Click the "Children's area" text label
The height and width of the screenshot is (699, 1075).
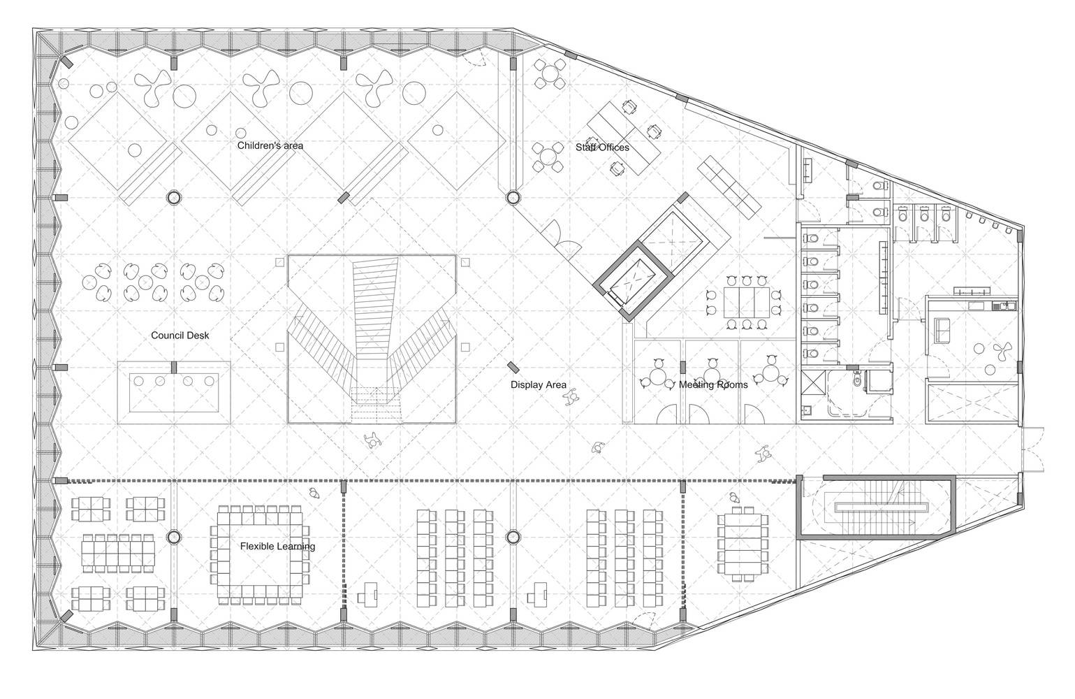pyautogui.click(x=270, y=145)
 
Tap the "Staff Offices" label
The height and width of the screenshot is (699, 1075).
pyautogui.click(x=602, y=147)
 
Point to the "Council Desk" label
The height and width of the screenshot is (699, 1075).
pyautogui.click(x=180, y=336)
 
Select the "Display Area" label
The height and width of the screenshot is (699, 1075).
pyautogui.click(x=538, y=385)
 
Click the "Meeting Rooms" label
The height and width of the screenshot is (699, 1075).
pyautogui.click(x=713, y=385)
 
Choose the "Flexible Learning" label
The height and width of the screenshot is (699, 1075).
pyautogui.click(x=277, y=546)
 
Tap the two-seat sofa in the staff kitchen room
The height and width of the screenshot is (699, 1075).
pyautogui.click(x=941, y=330)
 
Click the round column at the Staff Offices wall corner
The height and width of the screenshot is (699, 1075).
pyautogui.click(x=513, y=197)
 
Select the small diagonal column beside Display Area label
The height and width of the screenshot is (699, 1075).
pyautogui.click(x=513, y=368)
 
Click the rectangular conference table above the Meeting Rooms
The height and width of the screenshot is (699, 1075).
pyautogui.click(x=746, y=302)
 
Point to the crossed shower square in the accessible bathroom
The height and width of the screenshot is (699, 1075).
pyautogui.click(x=811, y=382)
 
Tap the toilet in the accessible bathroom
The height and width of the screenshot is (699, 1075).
pyautogui.click(x=857, y=380)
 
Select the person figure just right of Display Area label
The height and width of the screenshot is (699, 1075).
pyautogui.click(x=571, y=398)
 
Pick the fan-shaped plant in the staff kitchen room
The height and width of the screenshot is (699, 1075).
pyautogui.click(x=1002, y=351)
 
